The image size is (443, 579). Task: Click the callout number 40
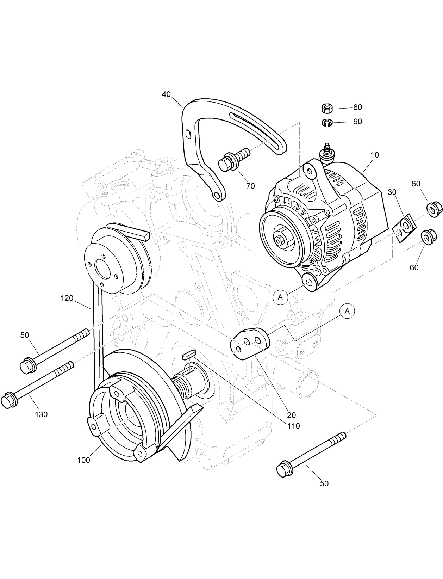pyautogui.click(x=166, y=94)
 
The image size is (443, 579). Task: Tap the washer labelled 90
pyautogui.click(x=327, y=122)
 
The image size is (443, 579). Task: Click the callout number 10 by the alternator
pyautogui.click(x=375, y=155)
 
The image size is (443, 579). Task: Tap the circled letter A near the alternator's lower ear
pyautogui.click(x=280, y=297)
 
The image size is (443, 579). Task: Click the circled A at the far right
pyautogui.click(x=347, y=311)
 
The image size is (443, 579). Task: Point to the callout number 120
pyautogui.click(x=67, y=298)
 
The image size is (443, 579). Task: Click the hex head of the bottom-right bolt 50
pyautogui.click(x=284, y=469)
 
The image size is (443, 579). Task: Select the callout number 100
pyautogui.click(x=84, y=460)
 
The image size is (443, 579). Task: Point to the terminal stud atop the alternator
pyautogui.click(x=327, y=150)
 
